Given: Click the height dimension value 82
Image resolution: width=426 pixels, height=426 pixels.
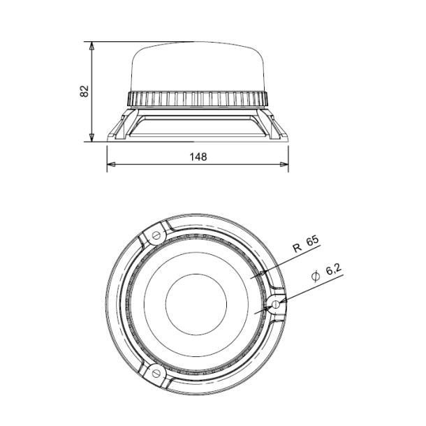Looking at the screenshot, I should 85,91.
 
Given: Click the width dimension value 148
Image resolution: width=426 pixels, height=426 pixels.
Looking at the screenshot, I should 198,157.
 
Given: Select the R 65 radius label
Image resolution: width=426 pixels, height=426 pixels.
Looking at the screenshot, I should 305,243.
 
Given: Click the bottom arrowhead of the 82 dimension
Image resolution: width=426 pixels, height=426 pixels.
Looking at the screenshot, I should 92,137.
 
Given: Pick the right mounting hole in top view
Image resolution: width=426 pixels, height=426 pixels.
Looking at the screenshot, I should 277,304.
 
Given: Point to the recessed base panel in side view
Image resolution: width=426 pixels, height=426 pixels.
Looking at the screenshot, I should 196,126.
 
